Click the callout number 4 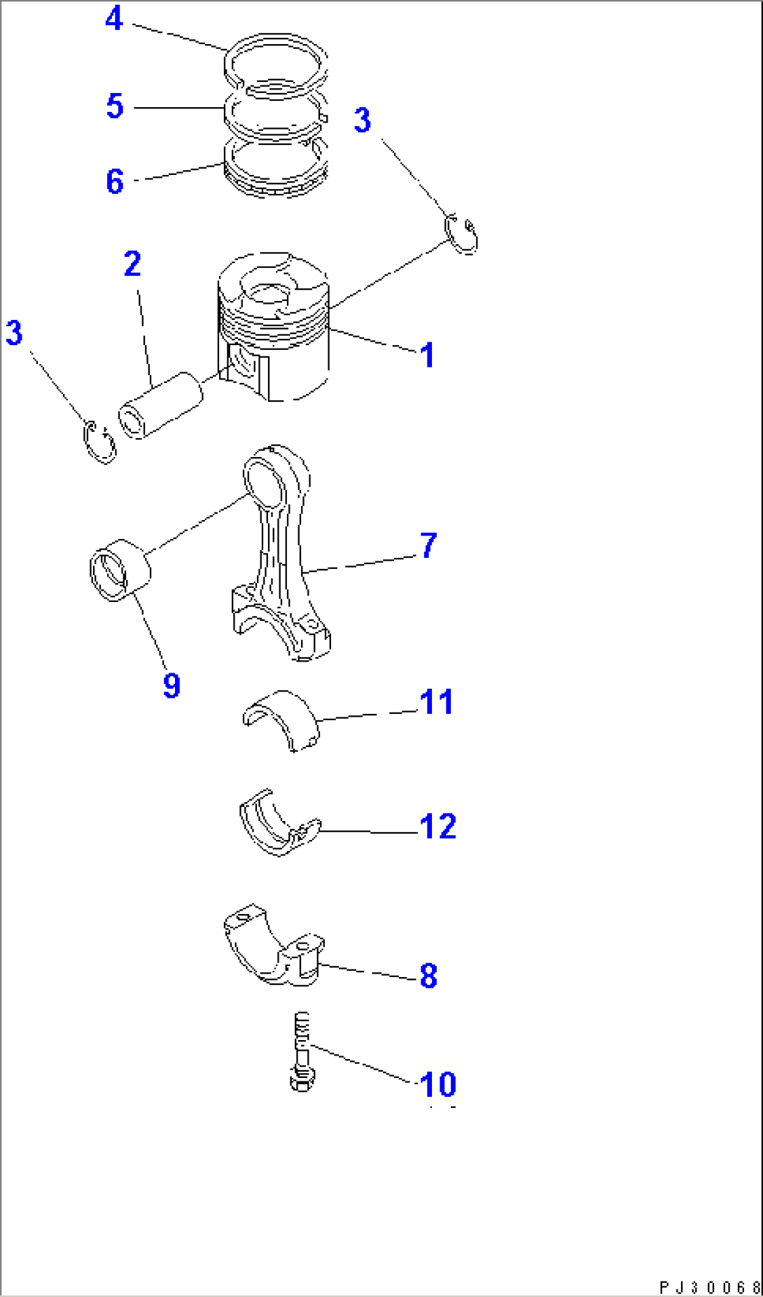pos(114,19)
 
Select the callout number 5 pos(115,106)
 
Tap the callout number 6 pos(115,181)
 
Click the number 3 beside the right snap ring pos(362,120)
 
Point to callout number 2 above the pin pos(132,264)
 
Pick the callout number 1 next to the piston pos(427,355)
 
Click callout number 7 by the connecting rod pos(428,545)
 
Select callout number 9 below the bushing pos(171,685)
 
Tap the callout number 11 pos(437,702)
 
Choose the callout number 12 pos(438,827)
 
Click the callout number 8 pos(428,976)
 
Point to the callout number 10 pos(438,1085)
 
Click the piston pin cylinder pos(161,405)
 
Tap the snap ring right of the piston pos(462,234)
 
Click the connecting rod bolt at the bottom pos(302,1053)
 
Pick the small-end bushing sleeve pos(120,570)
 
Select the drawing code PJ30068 pos(709,1287)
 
